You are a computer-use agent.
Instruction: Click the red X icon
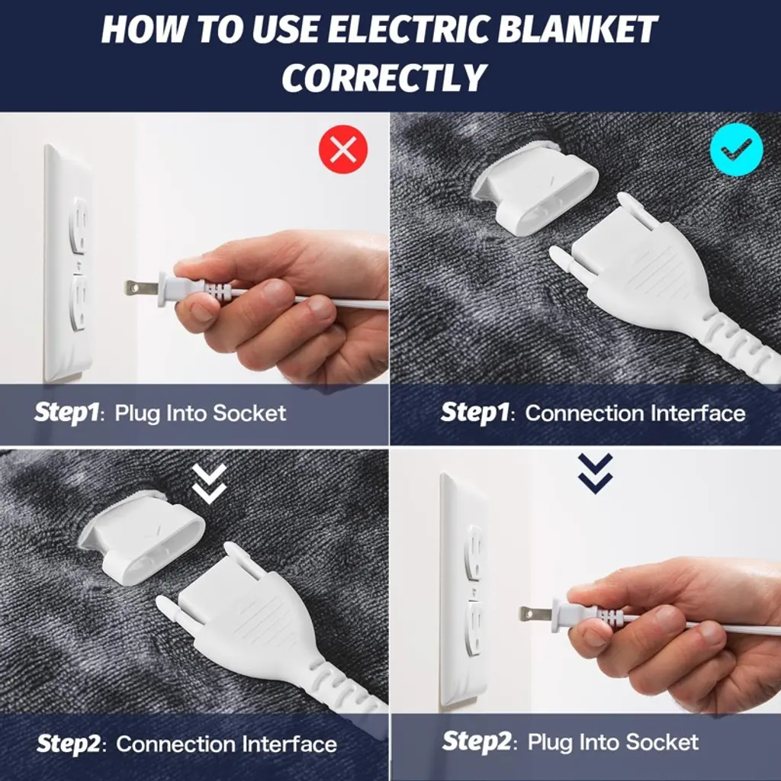(x=343, y=149)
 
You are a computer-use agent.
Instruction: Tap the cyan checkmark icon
(x=737, y=149)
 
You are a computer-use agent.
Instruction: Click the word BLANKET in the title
(x=577, y=30)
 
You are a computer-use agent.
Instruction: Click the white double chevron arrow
(x=210, y=482)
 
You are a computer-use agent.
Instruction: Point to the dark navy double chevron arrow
(x=596, y=473)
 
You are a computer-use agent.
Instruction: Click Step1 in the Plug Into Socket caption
(x=66, y=413)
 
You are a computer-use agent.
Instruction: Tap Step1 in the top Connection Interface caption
(x=474, y=413)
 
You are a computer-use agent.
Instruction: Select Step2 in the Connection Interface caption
(x=68, y=744)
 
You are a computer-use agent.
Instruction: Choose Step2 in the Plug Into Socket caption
(x=476, y=741)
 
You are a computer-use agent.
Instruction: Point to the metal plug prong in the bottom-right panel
(x=535, y=614)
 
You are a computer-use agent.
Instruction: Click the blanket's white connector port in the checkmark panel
(x=535, y=184)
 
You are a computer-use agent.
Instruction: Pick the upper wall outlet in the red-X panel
(x=79, y=226)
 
